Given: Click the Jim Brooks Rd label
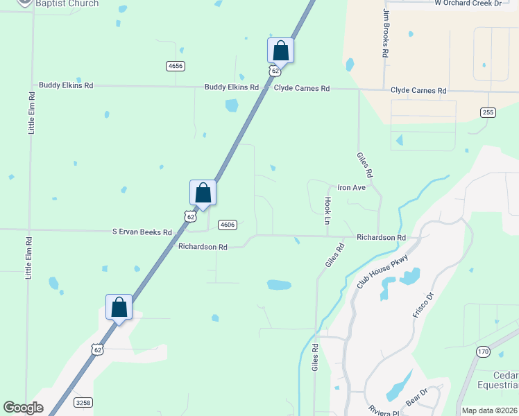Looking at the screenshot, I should (x=384, y=33).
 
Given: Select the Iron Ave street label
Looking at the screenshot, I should (x=351, y=187).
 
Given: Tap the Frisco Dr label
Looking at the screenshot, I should (x=422, y=306).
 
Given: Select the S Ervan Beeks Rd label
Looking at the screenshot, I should (x=142, y=232).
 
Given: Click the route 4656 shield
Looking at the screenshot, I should (x=176, y=66).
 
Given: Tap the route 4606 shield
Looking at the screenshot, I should (x=227, y=225).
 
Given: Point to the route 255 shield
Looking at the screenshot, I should (x=488, y=112).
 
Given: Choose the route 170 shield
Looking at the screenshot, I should (x=483, y=352).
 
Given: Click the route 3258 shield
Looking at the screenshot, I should (x=82, y=402).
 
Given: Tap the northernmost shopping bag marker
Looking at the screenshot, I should (x=280, y=50).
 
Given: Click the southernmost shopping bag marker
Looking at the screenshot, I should (x=119, y=306).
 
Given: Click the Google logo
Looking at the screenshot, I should (x=23, y=408).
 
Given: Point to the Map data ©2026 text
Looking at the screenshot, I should (x=489, y=410).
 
